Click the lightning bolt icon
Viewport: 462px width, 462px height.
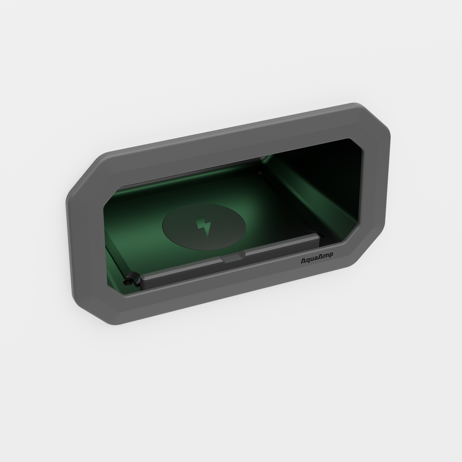tap(202, 226)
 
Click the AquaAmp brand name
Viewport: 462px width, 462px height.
tap(317, 261)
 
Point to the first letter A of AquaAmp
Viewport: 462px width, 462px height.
tap(303, 262)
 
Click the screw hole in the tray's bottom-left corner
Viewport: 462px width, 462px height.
tap(126, 283)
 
